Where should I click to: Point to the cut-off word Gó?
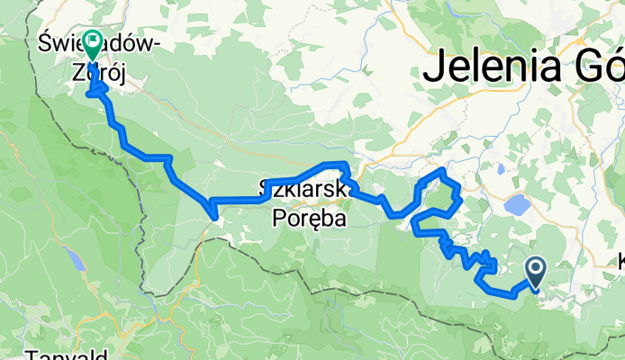coord(599,67)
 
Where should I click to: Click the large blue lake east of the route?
coord(518,204)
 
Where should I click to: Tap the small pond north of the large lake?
coord(500,167)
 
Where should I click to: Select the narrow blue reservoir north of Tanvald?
coord(77,260)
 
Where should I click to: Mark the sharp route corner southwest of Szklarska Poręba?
coord(213,213)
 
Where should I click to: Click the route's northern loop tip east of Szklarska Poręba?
coord(440,169)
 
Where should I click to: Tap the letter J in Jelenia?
coord(434,67)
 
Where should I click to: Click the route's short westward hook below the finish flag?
coord(90,93)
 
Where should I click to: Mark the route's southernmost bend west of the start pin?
coord(512,295)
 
